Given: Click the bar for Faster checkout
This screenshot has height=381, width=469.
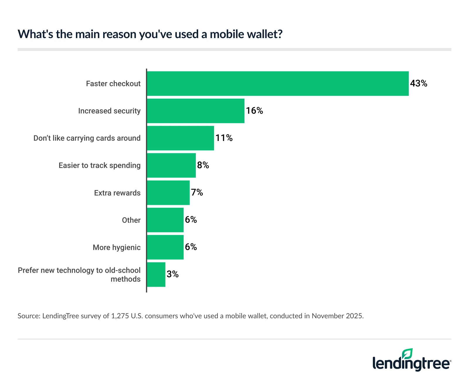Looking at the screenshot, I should click(278, 84).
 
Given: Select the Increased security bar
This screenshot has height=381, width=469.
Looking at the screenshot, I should click(196, 111).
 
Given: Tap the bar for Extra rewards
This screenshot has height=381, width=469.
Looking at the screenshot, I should click(168, 193).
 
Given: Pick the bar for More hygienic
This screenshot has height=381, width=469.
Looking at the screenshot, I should click(165, 247).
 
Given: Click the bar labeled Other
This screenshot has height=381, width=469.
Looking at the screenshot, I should click(165, 220).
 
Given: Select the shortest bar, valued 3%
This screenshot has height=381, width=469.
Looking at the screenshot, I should click(156, 274).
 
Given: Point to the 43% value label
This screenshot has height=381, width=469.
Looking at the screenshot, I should click(419, 84).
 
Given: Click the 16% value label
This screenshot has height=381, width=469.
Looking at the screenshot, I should click(254, 111).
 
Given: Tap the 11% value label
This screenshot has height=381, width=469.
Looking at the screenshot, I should click(224, 138).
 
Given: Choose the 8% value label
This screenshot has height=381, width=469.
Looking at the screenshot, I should click(203, 165).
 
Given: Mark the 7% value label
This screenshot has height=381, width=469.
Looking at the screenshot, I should click(197, 193).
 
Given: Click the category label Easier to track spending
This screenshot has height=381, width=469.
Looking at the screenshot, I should click(99, 165).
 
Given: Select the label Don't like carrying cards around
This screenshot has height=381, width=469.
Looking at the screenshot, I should click(87, 138).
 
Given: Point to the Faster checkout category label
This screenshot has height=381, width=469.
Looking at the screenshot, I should click(113, 84).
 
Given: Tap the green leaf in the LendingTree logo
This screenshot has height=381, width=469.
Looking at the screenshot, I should click(407, 354).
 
